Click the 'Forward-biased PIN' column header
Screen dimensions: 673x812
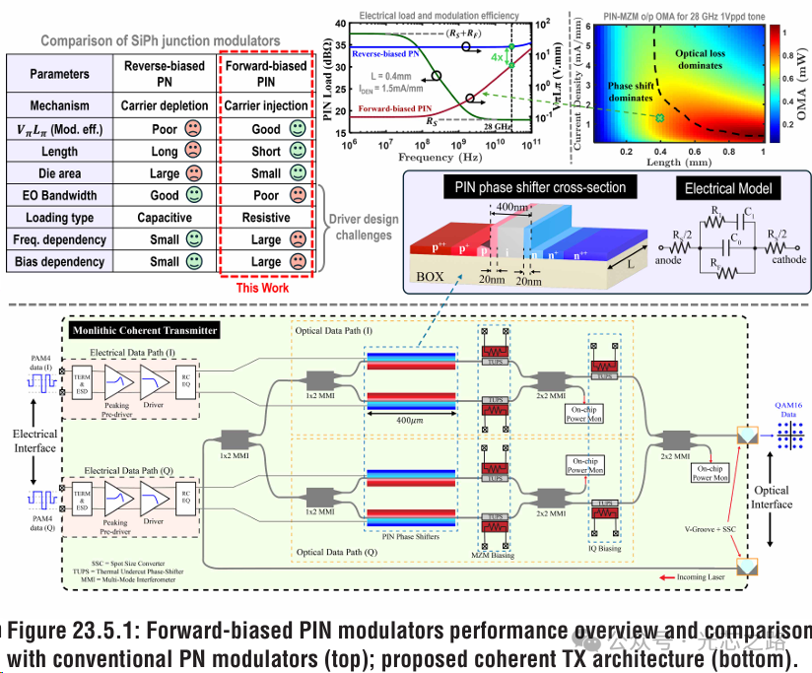(x=265, y=73)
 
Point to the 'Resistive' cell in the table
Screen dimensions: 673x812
(x=265, y=218)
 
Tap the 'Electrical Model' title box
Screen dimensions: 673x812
(x=726, y=187)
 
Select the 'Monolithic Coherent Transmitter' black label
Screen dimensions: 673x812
(x=145, y=330)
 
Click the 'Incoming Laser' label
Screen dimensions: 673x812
(x=704, y=575)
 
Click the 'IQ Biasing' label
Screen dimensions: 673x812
(x=606, y=548)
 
